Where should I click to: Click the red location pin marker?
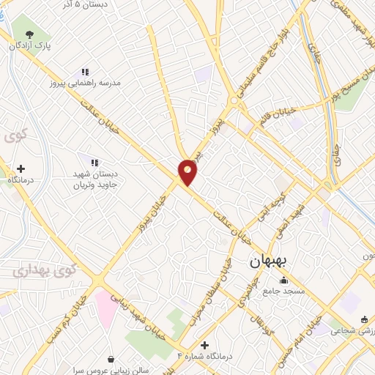[188, 171]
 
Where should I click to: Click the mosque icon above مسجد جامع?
[284, 281]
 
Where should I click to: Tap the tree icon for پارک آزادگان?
[29, 34]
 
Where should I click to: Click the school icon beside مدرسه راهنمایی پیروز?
[84, 72]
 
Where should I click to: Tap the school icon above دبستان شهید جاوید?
[94, 162]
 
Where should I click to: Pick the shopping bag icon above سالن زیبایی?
[111, 360]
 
